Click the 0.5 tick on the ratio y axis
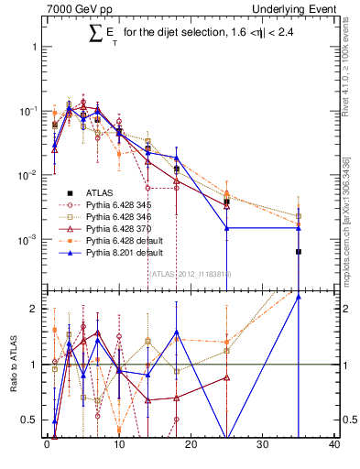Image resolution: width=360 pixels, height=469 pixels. pos(31,420)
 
